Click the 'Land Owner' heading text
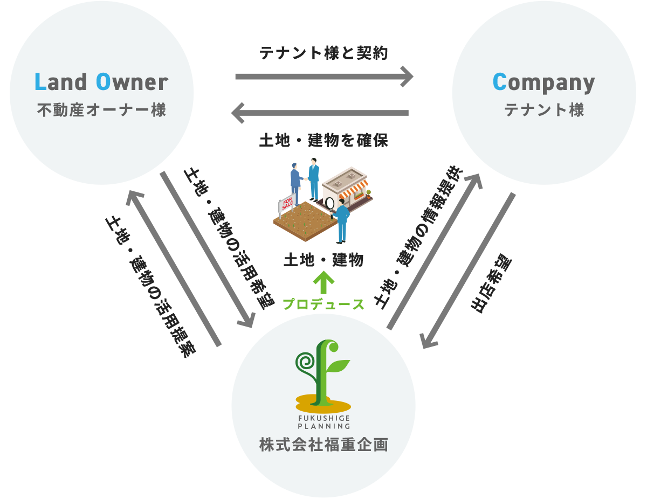point(101,82)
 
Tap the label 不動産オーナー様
point(101,110)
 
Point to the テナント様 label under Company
point(544,110)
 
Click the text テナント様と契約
point(323,53)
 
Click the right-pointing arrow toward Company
point(323,77)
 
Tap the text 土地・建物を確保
point(323,141)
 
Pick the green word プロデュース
point(323,304)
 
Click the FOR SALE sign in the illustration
point(287,204)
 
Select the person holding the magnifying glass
point(341,218)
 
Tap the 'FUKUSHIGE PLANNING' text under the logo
point(323,421)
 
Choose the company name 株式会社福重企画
point(323,445)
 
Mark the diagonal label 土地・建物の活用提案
point(150,286)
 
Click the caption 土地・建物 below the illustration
point(323,260)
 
